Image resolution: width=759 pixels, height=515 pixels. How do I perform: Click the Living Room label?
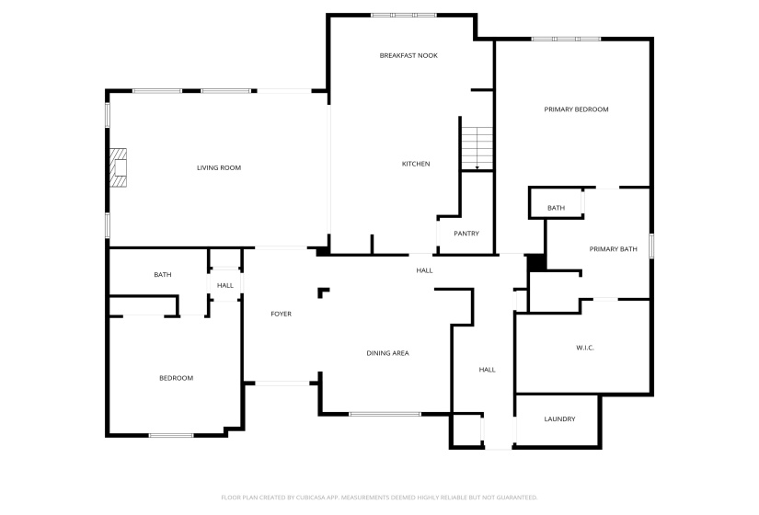[219, 168]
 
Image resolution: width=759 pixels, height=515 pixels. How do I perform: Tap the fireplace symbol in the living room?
[118, 167]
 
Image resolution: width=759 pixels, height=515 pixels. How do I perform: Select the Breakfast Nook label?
[408, 56]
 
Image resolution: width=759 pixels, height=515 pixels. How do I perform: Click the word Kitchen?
[416, 164]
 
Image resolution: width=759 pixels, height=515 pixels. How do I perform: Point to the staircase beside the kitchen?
[477, 148]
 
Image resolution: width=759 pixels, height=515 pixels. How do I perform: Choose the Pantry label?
[466, 234]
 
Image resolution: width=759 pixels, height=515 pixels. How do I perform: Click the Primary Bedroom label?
[576, 109]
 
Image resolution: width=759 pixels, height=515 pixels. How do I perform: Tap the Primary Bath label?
[613, 249]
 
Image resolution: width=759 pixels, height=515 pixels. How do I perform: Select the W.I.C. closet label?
[585, 348]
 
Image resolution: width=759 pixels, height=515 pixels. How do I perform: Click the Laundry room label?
[559, 419]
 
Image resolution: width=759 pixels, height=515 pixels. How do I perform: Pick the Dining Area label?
[387, 353]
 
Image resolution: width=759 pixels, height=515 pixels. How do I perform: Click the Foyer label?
[281, 315]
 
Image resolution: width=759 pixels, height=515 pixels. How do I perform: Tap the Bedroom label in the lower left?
[177, 378]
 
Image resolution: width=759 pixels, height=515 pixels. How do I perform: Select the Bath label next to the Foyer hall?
[163, 275]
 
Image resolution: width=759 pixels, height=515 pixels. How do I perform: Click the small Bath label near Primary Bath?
[557, 208]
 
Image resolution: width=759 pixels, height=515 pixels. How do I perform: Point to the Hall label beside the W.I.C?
[487, 370]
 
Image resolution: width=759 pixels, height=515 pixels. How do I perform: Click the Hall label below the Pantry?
[424, 270]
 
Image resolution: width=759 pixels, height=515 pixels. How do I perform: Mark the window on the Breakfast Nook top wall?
[404, 15]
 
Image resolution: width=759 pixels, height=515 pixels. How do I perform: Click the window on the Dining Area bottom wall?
[385, 415]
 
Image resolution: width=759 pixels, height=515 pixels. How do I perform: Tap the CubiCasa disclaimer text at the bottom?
[379, 498]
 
